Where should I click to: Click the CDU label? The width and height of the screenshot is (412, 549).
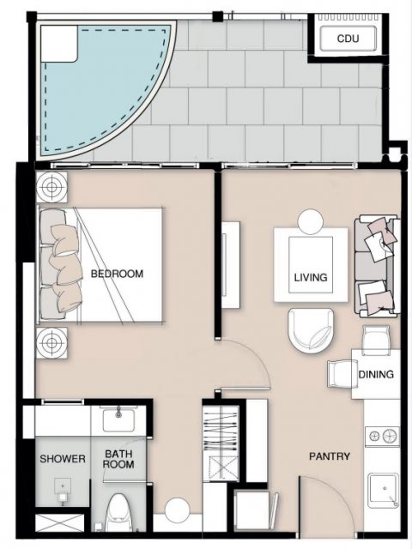pyautogui.click(x=348, y=39)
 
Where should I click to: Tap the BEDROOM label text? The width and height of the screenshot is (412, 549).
pyautogui.click(x=117, y=274)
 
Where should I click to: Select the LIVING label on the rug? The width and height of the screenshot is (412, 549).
pyautogui.click(x=311, y=278)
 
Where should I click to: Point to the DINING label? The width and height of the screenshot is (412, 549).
pyautogui.click(x=376, y=374)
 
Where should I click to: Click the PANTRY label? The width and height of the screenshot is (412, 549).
pyautogui.click(x=330, y=456)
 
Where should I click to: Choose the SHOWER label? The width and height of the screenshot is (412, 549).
pyautogui.click(x=63, y=459)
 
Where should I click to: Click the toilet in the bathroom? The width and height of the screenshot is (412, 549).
pyautogui.click(x=117, y=512)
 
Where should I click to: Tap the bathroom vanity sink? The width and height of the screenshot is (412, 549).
pyautogui.click(x=118, y=419)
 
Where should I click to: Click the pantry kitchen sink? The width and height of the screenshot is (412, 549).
pyautogui.click(x=384, y=490)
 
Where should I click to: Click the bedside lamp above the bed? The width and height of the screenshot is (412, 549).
pyautogui.click(x=51, y=187)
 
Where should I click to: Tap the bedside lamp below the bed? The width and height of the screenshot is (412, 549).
pyautogui.click(x=51, y=343)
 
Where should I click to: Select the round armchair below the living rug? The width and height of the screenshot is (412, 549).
pyautogui.click(x=311, y=329)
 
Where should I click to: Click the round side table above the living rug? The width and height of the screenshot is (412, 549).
pyautogui.click(x=311, y=221)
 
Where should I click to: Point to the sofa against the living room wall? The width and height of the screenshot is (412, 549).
pyautogui.click(x=377, y=266)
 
